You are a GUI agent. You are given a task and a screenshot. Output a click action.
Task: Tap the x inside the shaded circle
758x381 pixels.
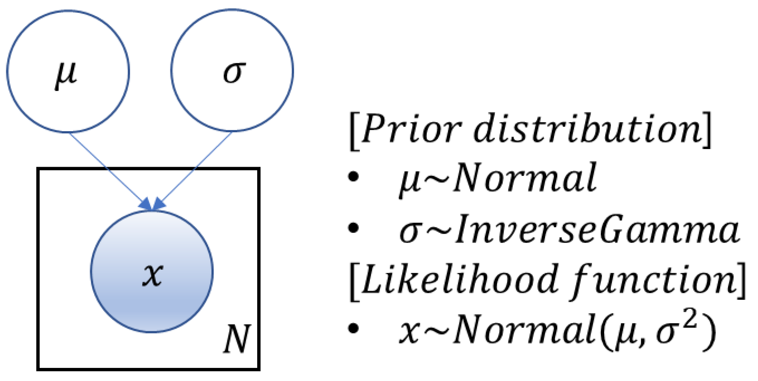(x=152, y=274)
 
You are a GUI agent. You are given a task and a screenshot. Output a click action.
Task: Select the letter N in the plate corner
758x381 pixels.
(x=237, y=339)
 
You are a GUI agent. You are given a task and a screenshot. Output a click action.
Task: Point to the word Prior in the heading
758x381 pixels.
(x=411, y=129)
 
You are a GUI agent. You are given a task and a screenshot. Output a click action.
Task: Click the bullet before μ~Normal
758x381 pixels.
(x=353, y=176)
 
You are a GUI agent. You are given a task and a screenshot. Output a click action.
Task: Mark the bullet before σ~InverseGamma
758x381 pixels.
(x=353, y=228)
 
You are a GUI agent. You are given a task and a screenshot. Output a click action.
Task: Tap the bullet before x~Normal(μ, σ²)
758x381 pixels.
(x=353, y=329)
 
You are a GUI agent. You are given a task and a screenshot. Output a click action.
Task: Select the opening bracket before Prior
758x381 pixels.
(x=354, y=131)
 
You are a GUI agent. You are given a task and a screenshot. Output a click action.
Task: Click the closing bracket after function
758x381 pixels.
(x=742, y=281)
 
